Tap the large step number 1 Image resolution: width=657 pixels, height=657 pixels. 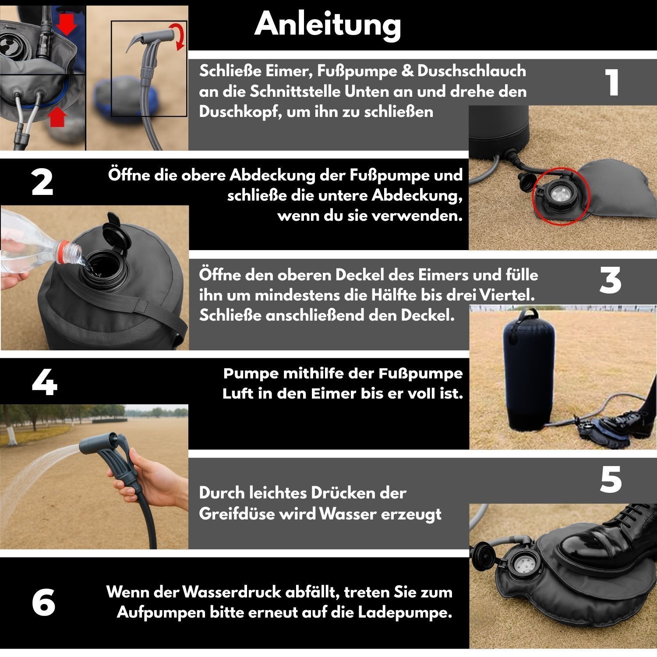(613, 82)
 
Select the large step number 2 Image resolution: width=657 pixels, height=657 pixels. (42, 182)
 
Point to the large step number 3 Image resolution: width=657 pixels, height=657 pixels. (610, 280)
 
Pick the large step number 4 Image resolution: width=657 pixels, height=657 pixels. (45, 383)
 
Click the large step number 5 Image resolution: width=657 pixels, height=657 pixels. (611, 480)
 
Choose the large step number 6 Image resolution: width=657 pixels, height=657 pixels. (44, 603)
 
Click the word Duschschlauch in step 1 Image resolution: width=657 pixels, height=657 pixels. (472, 71)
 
